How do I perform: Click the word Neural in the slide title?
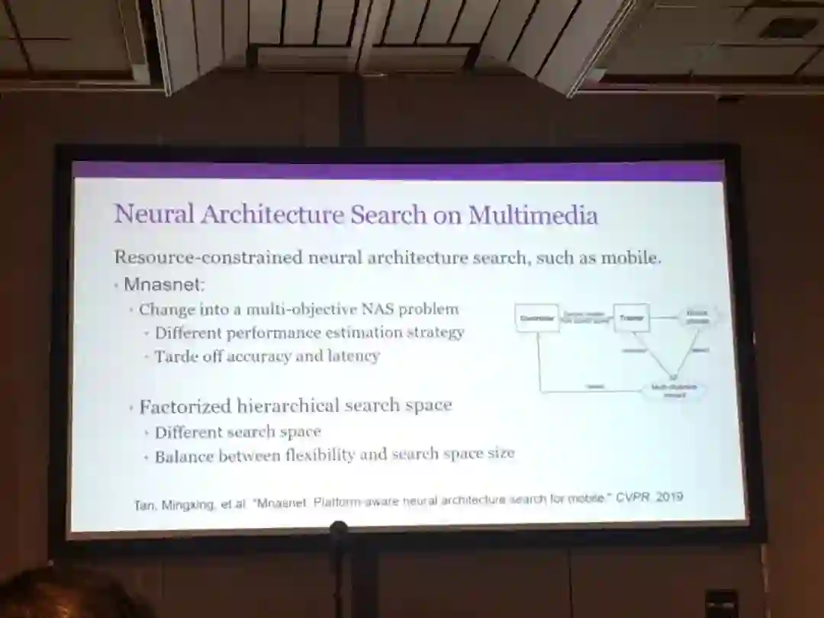click(154, 214)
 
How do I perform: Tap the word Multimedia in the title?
click(533, 215)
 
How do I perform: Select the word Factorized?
click(185, 406)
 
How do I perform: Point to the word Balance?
click(184, 456)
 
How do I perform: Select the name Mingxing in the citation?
click(188, 504)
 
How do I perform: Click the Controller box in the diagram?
click(537, 317)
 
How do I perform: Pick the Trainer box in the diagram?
click(631, 317)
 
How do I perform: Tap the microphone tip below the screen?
click(339, 528)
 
